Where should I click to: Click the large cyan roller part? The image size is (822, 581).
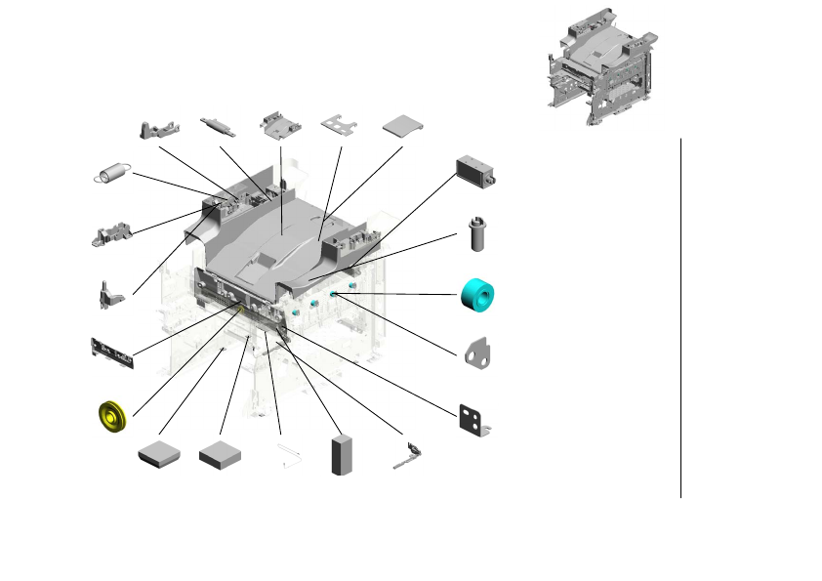coord(478,294)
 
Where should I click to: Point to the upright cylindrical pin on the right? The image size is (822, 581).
coord(477,235)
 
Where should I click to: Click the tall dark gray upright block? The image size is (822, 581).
coord(342,454)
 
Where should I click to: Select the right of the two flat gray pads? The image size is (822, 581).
coord(220,454)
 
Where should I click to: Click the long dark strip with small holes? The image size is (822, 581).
coord(110,353)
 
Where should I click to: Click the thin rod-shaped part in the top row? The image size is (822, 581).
coord(219,125)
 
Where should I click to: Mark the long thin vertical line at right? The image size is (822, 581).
coord(680,317)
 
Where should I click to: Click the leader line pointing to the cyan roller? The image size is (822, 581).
coord(400,294)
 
